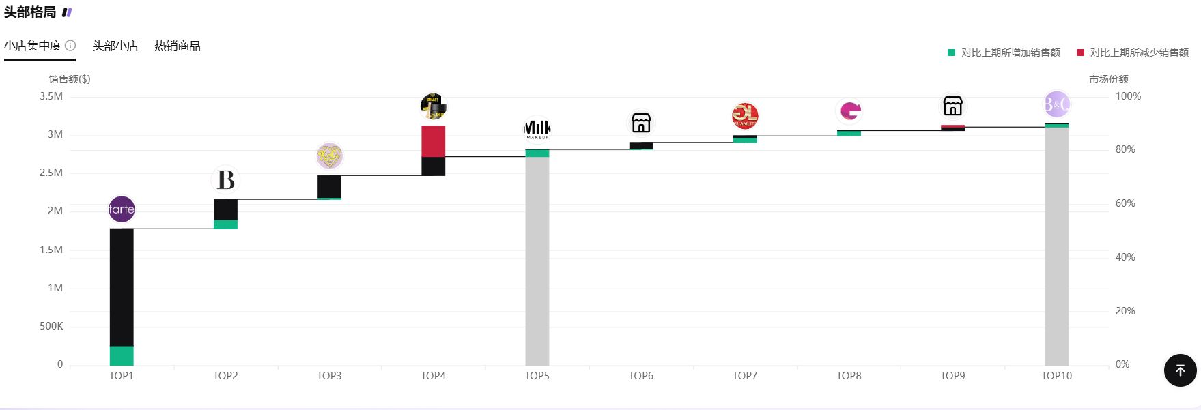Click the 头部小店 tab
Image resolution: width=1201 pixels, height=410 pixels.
coord(115,46)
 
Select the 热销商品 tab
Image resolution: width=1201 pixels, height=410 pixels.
coord(178,46)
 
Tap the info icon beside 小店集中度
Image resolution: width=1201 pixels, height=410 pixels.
coord(70,46)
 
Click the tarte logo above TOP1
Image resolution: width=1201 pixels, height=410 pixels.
coord(122,209)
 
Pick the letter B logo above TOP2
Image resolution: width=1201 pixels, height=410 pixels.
coord(225,180)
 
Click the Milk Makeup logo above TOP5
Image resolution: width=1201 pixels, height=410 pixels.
coord(537,129)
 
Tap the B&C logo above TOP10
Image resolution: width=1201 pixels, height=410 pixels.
coord(1057,104)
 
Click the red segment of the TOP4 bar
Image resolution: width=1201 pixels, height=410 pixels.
coord(434,141)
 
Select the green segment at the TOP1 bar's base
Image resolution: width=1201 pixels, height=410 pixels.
coord(122,355)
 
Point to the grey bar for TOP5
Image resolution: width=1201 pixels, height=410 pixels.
coord(537,259)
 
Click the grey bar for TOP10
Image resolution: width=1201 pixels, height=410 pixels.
coord(1057,246)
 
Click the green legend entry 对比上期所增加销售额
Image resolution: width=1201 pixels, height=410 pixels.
coord(1004,53)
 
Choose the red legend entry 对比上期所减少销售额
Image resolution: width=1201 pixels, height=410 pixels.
coord(1133,53)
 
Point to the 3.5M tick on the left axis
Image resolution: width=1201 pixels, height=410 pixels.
coord(51,96)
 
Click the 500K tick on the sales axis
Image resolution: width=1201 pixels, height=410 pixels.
coord(51,326)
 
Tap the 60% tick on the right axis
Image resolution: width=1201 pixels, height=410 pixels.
coord(1125,203)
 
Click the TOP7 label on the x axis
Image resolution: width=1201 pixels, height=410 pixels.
coord(745,376)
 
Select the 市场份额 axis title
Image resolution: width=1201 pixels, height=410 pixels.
coord(1109,79)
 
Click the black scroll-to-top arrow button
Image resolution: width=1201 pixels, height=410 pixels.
coord(1180,370)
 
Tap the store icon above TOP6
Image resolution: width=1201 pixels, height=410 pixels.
coord(641,123)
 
